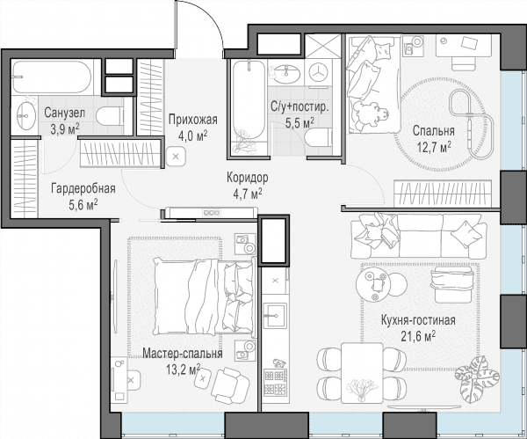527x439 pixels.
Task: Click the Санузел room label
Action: click(64, 113)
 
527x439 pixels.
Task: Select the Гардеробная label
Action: click(83, 188)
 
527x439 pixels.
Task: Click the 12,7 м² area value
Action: click(434, 147)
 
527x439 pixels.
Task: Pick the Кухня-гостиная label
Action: click(418, 320)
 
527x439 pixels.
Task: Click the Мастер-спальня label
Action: click(183, 354)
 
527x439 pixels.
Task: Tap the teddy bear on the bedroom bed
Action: click(369, 114)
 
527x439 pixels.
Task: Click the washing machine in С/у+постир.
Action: click(318, 72)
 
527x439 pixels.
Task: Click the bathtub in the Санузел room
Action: click(52, 77)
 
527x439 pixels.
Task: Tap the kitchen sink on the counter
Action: click(275, 316)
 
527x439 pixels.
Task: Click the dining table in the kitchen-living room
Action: click(362, 373)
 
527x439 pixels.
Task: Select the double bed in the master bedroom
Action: click(204, 296)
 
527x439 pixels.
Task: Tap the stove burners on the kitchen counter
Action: click(275, 382)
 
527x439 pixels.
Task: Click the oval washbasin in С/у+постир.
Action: click(286, 74)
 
